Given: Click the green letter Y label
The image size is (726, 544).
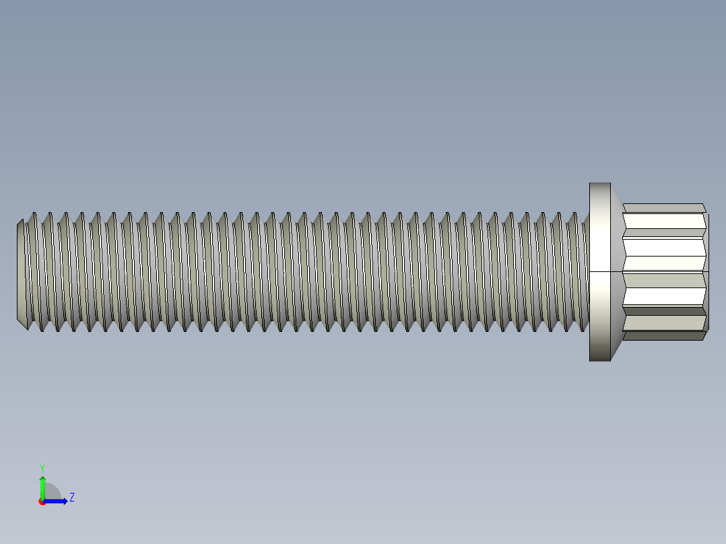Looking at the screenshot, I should click(x=42, y=467).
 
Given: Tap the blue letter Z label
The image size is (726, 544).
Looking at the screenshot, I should click(x=72, y=498).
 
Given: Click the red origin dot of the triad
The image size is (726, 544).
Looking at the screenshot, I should click(x=42, y=502).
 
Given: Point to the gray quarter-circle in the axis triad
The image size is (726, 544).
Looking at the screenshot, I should click(x=53, y=492).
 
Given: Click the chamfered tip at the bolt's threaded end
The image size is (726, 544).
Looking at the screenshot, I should click(x=21, y=272).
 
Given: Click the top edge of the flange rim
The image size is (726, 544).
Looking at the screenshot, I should click(x=599, y=183).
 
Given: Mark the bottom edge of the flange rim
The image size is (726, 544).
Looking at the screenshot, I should click(x=599, y=360).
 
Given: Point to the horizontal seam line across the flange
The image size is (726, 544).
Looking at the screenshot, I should click(x=647, y=271).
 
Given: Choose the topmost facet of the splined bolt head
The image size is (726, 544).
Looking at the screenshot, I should click(x=663, y=207).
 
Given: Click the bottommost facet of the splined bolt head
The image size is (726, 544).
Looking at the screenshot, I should click(x=663, y=336).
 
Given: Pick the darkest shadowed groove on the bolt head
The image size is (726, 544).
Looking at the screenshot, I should click(x=663, y=311).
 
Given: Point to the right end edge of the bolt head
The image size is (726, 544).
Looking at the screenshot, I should click(x=707, y=272).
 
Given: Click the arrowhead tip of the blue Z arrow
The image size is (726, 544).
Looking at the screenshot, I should click(x=67, y=501).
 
